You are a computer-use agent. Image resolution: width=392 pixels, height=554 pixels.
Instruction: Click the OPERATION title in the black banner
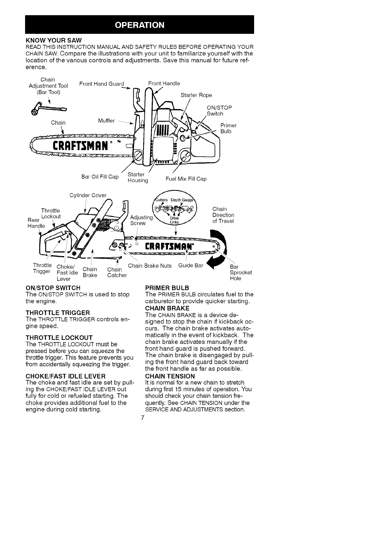point(139,25)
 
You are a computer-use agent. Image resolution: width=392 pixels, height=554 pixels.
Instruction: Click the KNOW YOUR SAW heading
point(53,40)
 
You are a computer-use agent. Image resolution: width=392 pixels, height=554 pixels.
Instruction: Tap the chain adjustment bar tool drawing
point(49,111)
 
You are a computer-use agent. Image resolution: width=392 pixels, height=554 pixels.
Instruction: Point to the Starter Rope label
point(196,95)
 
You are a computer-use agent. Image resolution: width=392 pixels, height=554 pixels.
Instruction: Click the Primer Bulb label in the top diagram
point(228,128)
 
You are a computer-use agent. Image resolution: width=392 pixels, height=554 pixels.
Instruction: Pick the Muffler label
point(106,121)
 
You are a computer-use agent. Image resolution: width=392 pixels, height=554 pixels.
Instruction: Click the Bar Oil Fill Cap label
point(100,177)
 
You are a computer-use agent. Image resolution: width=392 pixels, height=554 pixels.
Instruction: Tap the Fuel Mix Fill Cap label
point(186,179)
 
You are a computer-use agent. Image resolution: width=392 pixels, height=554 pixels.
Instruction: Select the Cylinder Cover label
point(88,195)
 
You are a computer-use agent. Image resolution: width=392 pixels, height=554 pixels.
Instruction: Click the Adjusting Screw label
point(141,220)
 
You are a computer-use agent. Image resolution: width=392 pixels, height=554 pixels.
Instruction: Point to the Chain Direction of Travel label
point(223,215)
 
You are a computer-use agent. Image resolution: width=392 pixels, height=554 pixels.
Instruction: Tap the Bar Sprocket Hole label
point(241,272)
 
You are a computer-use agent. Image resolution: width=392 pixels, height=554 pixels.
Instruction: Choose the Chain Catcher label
point(117,272)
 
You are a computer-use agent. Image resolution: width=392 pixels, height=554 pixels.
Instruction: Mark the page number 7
point(142,418)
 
